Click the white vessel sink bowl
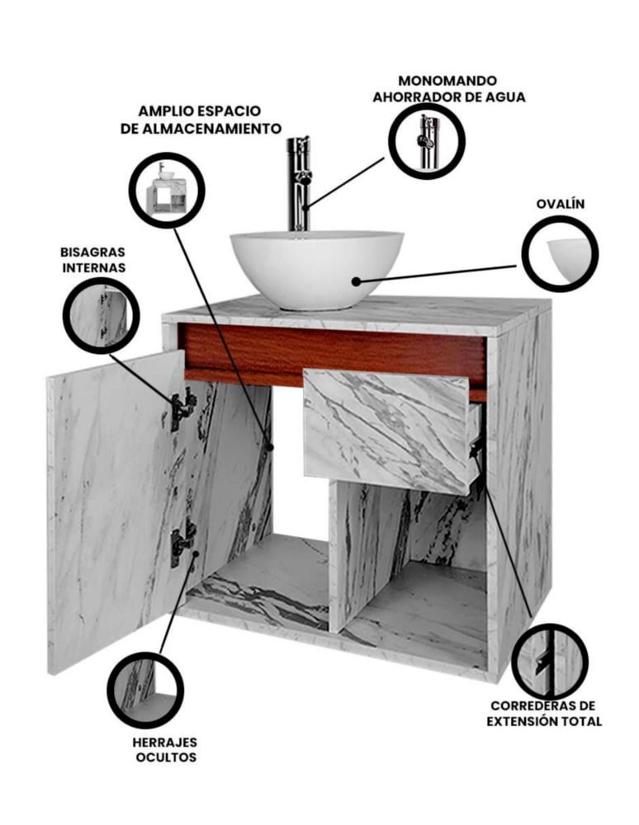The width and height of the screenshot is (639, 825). point(317,270)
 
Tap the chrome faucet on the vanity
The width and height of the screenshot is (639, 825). point(299,184)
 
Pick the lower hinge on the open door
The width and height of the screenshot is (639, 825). point(182,542)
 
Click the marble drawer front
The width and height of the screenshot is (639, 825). point(386,431)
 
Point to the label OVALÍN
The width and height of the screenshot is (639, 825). point(560,204)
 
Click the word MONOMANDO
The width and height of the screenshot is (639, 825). point(447,81)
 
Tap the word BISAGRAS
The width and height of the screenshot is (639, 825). point(92,252)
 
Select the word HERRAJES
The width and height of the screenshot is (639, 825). point(165,742)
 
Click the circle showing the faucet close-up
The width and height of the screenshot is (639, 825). point(427,140)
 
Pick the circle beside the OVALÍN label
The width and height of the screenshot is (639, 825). point(560,253)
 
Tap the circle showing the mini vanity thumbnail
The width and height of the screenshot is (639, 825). point(167,190)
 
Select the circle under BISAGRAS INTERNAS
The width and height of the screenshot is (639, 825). point(101,315)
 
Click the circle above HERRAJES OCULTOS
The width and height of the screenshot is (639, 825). point(145,690)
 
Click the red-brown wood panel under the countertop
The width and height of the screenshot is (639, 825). point(334,354)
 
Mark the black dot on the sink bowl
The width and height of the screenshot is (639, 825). point(357,282)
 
